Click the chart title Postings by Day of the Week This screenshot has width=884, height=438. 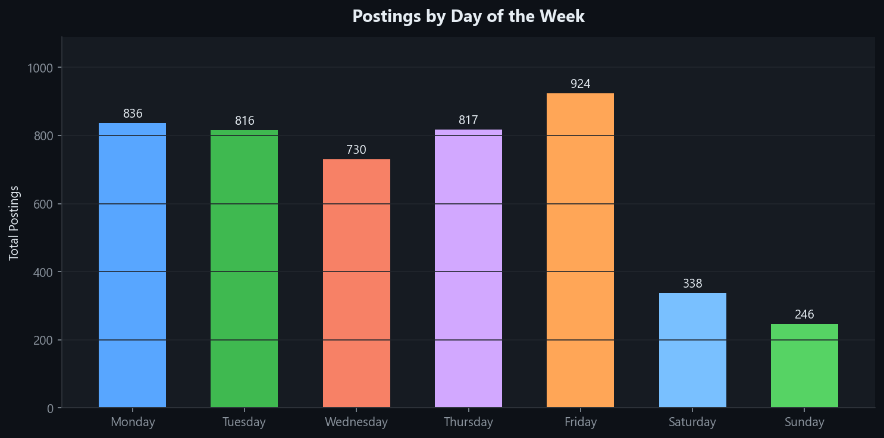click(x=468, y=16)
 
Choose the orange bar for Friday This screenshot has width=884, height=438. click(x=580, y=250)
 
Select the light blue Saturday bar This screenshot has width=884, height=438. click(x=692, y=350)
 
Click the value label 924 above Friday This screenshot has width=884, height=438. click(x=580, y=84)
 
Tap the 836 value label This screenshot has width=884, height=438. click(x=132, y=114)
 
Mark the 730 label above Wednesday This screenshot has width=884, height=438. click(x=356, y=150)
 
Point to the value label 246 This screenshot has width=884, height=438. click(x=804, y=314)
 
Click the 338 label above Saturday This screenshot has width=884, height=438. click(x=692, y=283)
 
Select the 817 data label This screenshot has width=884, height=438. click(x=468, y=120)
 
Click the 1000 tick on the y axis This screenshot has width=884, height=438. click(x=40, y=68)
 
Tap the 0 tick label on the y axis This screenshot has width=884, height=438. click(x=51, y=408)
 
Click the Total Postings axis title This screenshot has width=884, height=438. click(x=14, y=223)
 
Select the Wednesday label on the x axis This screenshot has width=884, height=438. click(x=356, y=423)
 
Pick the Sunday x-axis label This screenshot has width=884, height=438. click(x=804, y=423)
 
